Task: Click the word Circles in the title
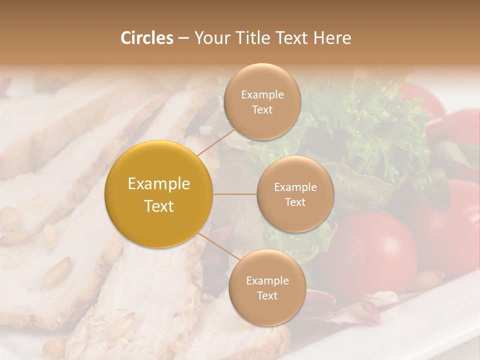tap(146, 38)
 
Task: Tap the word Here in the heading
tap(332, 38)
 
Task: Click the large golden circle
tap(159, 194)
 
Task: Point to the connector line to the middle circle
tap(235, 194)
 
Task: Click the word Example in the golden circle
tap(159, 184)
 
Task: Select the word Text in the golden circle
tap(159, 206)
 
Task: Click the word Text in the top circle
tap(262, 110)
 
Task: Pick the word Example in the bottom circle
tap(267, 281)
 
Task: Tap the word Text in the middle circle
tap(295, 202)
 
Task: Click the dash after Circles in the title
tap(183, 38)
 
